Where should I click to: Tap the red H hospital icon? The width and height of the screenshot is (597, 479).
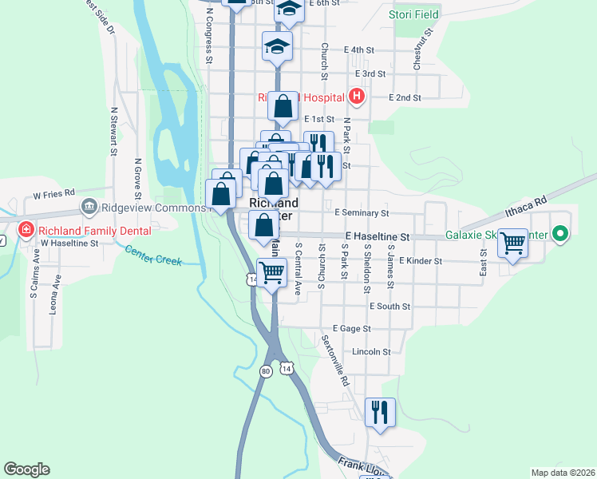click(357, 97)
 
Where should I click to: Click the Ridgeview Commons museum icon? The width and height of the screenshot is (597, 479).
click(88, 208)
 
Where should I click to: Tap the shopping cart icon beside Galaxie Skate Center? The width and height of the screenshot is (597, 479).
click(512, 242)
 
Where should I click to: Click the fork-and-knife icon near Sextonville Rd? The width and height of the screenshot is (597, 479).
click(380, 412)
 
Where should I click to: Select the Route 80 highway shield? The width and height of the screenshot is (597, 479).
click(265, 371)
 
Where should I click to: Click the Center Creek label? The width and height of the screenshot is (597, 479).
click(153, 255)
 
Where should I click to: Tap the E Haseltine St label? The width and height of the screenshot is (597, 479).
click(377, 237)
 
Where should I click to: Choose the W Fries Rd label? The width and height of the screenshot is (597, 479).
click(53, 193)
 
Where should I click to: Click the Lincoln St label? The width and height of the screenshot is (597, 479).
click(371, 351)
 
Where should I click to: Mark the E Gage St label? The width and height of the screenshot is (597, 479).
click(351, 328)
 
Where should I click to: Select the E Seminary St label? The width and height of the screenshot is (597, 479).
click(362, 213)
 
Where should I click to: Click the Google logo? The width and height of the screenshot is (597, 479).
click(26, 469)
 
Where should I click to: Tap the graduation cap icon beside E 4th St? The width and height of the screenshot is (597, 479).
click(277, 46)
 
